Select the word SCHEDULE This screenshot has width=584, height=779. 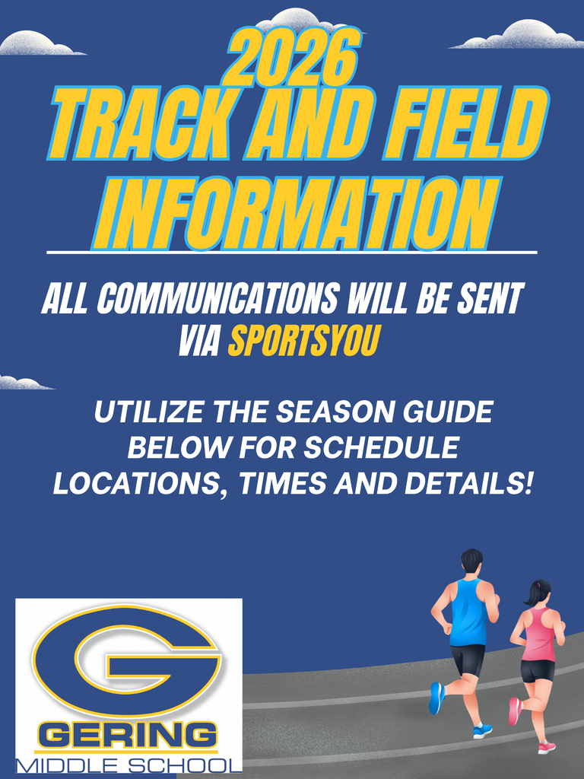point(382,447)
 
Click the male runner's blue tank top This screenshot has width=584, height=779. point(467,612)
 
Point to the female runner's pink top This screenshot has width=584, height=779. point(539,633)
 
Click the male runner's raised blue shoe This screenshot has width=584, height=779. point(436,698)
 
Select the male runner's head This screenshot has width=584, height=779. point(471,561)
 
